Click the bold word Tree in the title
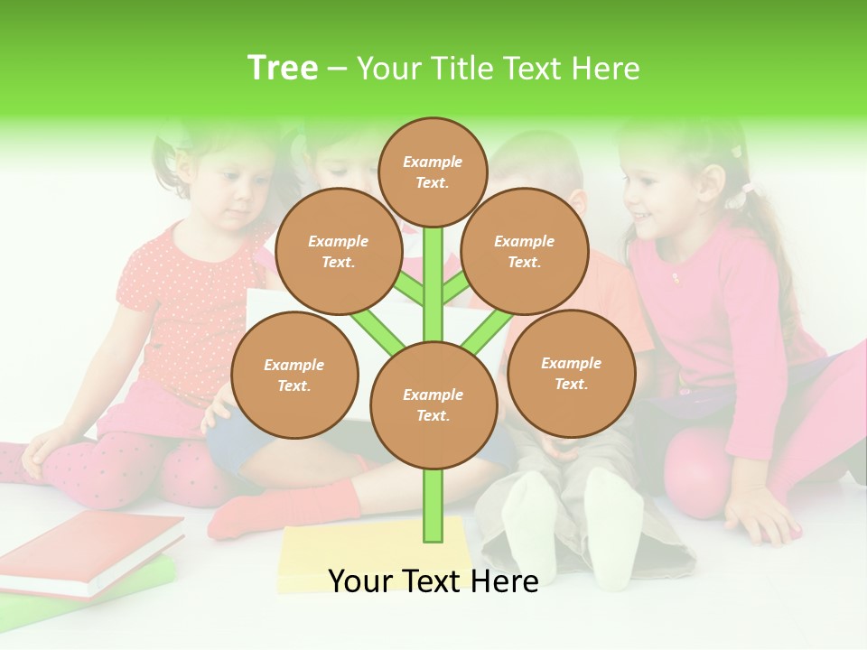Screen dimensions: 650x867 [283, 69]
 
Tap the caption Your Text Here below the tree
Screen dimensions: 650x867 [433, 581]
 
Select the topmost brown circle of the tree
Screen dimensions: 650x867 [433, 172]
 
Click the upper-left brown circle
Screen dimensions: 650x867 [338, 252]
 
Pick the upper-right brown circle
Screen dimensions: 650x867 [525, 252]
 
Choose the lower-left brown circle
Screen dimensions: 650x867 [294, 376]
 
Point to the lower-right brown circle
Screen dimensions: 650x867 [571, 374]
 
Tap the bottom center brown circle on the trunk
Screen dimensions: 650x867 [433, 405]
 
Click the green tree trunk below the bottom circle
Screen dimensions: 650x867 [433, 506]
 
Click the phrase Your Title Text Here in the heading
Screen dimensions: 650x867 [499, 69]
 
